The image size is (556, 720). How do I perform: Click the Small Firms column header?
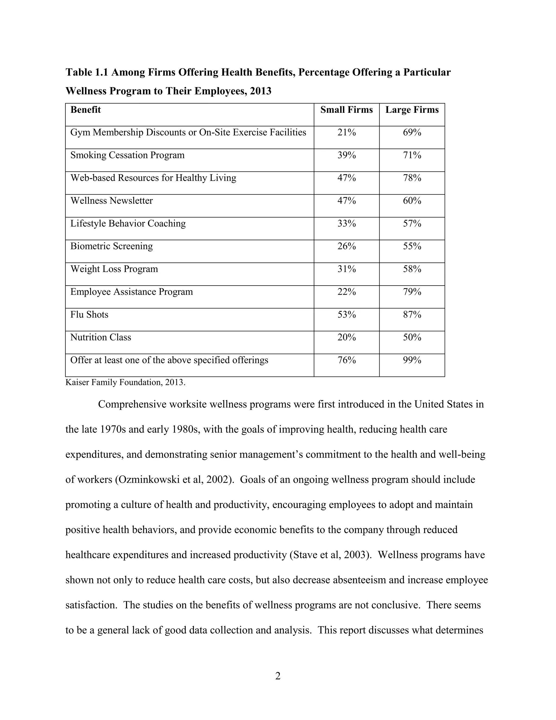(346, 110)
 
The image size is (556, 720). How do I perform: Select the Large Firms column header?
(412, 110)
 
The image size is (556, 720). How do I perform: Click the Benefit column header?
(86, 110)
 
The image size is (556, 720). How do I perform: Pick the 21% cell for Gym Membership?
(346, 133)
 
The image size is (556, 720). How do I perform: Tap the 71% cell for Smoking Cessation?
(412, 155)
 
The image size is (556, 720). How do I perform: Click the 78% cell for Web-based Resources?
(412, 178)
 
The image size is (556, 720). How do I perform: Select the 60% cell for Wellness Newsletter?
(412, 201)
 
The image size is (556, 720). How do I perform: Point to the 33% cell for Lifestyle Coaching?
(346, 224)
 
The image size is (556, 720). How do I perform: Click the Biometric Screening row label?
(111, 246)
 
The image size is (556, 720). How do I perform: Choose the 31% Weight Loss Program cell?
(346, 269)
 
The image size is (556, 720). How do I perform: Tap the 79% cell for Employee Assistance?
(412, 292)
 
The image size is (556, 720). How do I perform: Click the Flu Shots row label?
(89, 315)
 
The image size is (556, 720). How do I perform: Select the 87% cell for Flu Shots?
(412, 315)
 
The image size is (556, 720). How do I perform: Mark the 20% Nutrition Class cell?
(346, 337)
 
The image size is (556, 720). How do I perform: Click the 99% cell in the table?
(412, 360)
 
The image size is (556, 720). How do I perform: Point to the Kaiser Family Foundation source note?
(125, 383)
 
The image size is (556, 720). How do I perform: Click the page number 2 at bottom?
(278, 676)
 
